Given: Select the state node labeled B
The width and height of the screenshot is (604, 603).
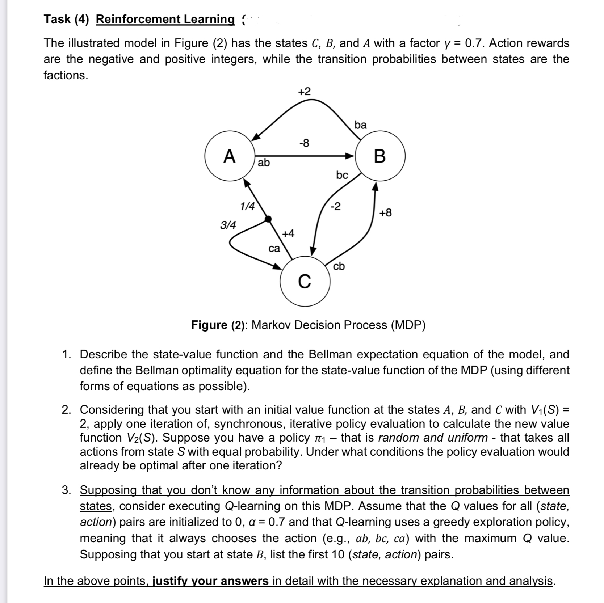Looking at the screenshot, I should coord(379,156).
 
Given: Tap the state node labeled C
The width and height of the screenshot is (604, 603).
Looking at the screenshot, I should coord(305,281).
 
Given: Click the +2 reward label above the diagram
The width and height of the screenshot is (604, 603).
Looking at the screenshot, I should coord(304,92).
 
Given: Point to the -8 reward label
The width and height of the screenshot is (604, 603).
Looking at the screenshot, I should coord(304,143).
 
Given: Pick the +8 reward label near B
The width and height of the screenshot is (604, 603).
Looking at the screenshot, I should coord(385,213).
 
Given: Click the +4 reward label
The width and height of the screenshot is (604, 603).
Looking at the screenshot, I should coord(288,233).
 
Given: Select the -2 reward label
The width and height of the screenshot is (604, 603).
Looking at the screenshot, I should coord(335,207).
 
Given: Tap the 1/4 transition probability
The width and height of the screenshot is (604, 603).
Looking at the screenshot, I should coord(247,207).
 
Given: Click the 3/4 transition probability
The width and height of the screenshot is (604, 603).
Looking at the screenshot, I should coord(228,225).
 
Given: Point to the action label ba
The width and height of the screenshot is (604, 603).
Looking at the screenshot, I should coord(360,125).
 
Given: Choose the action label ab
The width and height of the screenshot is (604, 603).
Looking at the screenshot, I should coord(264,163).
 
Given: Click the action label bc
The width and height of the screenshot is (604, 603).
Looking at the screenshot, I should coord(342,175).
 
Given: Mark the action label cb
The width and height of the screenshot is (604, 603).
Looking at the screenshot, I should coord(339,266).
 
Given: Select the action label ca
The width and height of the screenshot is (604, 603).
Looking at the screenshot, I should coord(274,249).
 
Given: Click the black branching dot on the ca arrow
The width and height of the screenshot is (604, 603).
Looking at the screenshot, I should coord(268,219).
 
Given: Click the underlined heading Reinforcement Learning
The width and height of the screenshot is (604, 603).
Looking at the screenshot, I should coord(165,19).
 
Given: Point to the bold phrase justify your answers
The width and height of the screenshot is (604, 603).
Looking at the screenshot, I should coord(210,581).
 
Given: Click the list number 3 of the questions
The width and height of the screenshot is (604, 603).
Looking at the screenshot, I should coord(66,490).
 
